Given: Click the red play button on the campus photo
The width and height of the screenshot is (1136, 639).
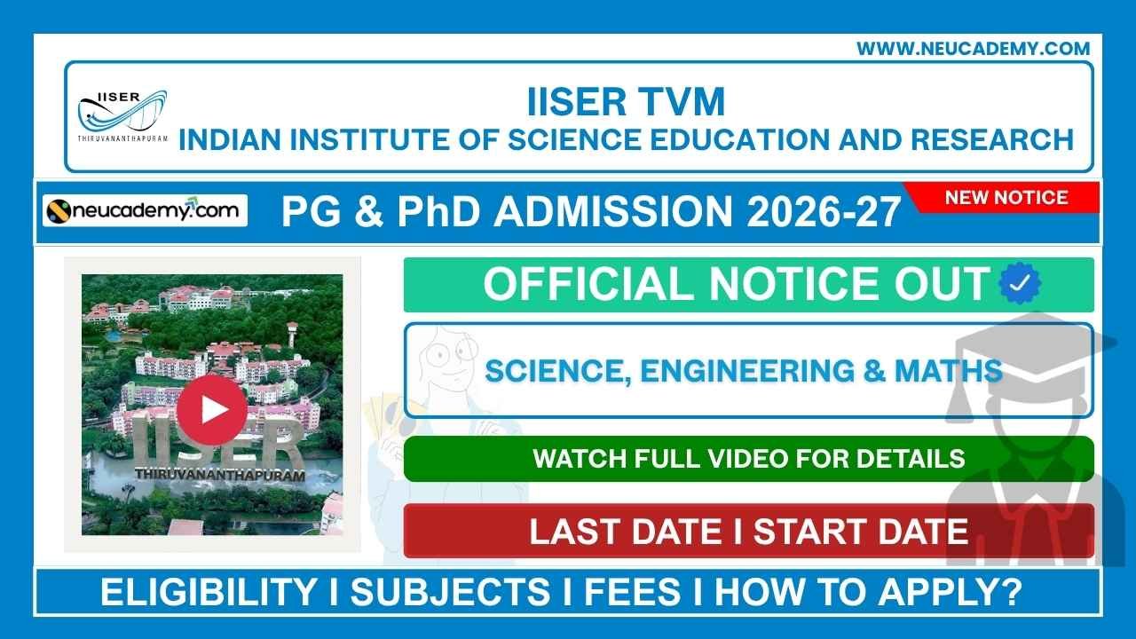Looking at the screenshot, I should click(211, 409).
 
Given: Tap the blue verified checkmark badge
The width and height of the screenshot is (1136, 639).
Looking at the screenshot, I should click(1020, 284).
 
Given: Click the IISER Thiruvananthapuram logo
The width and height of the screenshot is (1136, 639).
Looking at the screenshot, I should click(122, 114).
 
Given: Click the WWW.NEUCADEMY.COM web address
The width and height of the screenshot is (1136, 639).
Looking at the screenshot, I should click(973, 49).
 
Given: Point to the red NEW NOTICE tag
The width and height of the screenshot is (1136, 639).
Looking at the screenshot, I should click(1006, 197).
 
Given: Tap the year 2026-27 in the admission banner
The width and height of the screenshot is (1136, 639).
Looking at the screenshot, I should click(824, 213).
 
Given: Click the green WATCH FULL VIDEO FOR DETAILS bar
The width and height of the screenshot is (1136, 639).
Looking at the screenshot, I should click(748, 458).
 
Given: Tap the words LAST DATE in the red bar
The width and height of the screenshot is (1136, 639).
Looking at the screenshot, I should click(625, 531).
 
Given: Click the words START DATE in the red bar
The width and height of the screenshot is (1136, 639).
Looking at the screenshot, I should click(860, 531).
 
